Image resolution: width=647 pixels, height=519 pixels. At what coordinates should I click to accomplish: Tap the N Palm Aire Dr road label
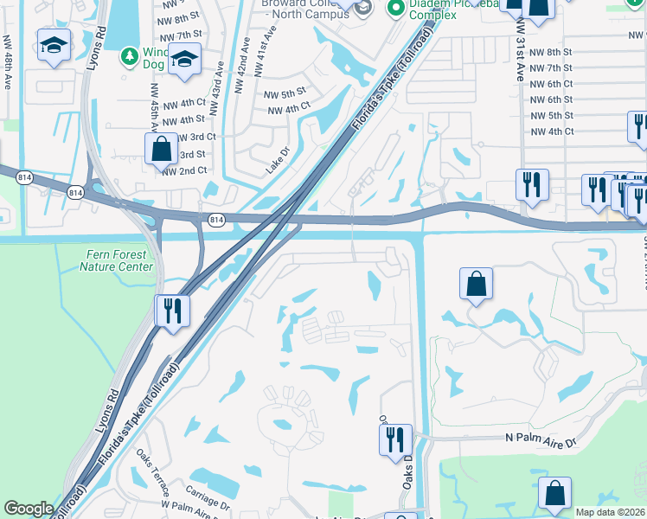point(546,439)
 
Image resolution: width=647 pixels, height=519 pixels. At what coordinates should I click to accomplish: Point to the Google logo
point(28,509)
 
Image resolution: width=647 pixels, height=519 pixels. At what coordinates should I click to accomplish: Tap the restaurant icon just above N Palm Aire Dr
point(394,439)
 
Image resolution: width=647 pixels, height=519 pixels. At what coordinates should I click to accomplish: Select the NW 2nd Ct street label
point(185,170)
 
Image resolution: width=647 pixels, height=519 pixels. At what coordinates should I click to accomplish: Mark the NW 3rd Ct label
point(194,137)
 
